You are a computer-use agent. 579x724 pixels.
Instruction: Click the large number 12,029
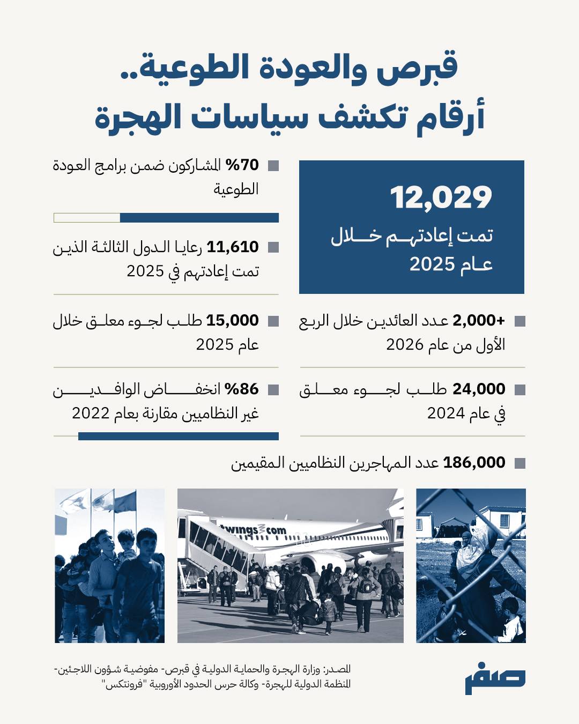pos(441,197)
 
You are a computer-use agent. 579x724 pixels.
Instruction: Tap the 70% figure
pos(242,165)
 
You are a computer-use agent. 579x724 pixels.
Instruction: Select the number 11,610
pos(233,247)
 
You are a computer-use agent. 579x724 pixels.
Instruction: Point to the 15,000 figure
pos(233,320)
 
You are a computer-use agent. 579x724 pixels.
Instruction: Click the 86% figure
pos(242,389)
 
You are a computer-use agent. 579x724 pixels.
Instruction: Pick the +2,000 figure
pos(479,320)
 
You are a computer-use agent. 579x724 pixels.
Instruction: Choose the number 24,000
pos(479,389)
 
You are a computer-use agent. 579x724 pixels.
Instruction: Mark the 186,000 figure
pos(474,462)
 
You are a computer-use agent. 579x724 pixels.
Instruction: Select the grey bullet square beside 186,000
pos(519,463)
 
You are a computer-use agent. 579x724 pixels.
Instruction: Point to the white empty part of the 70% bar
pos(87,218)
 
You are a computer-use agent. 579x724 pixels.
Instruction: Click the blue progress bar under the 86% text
pos(178,436)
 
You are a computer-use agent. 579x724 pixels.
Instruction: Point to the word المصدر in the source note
pos(339,669)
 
